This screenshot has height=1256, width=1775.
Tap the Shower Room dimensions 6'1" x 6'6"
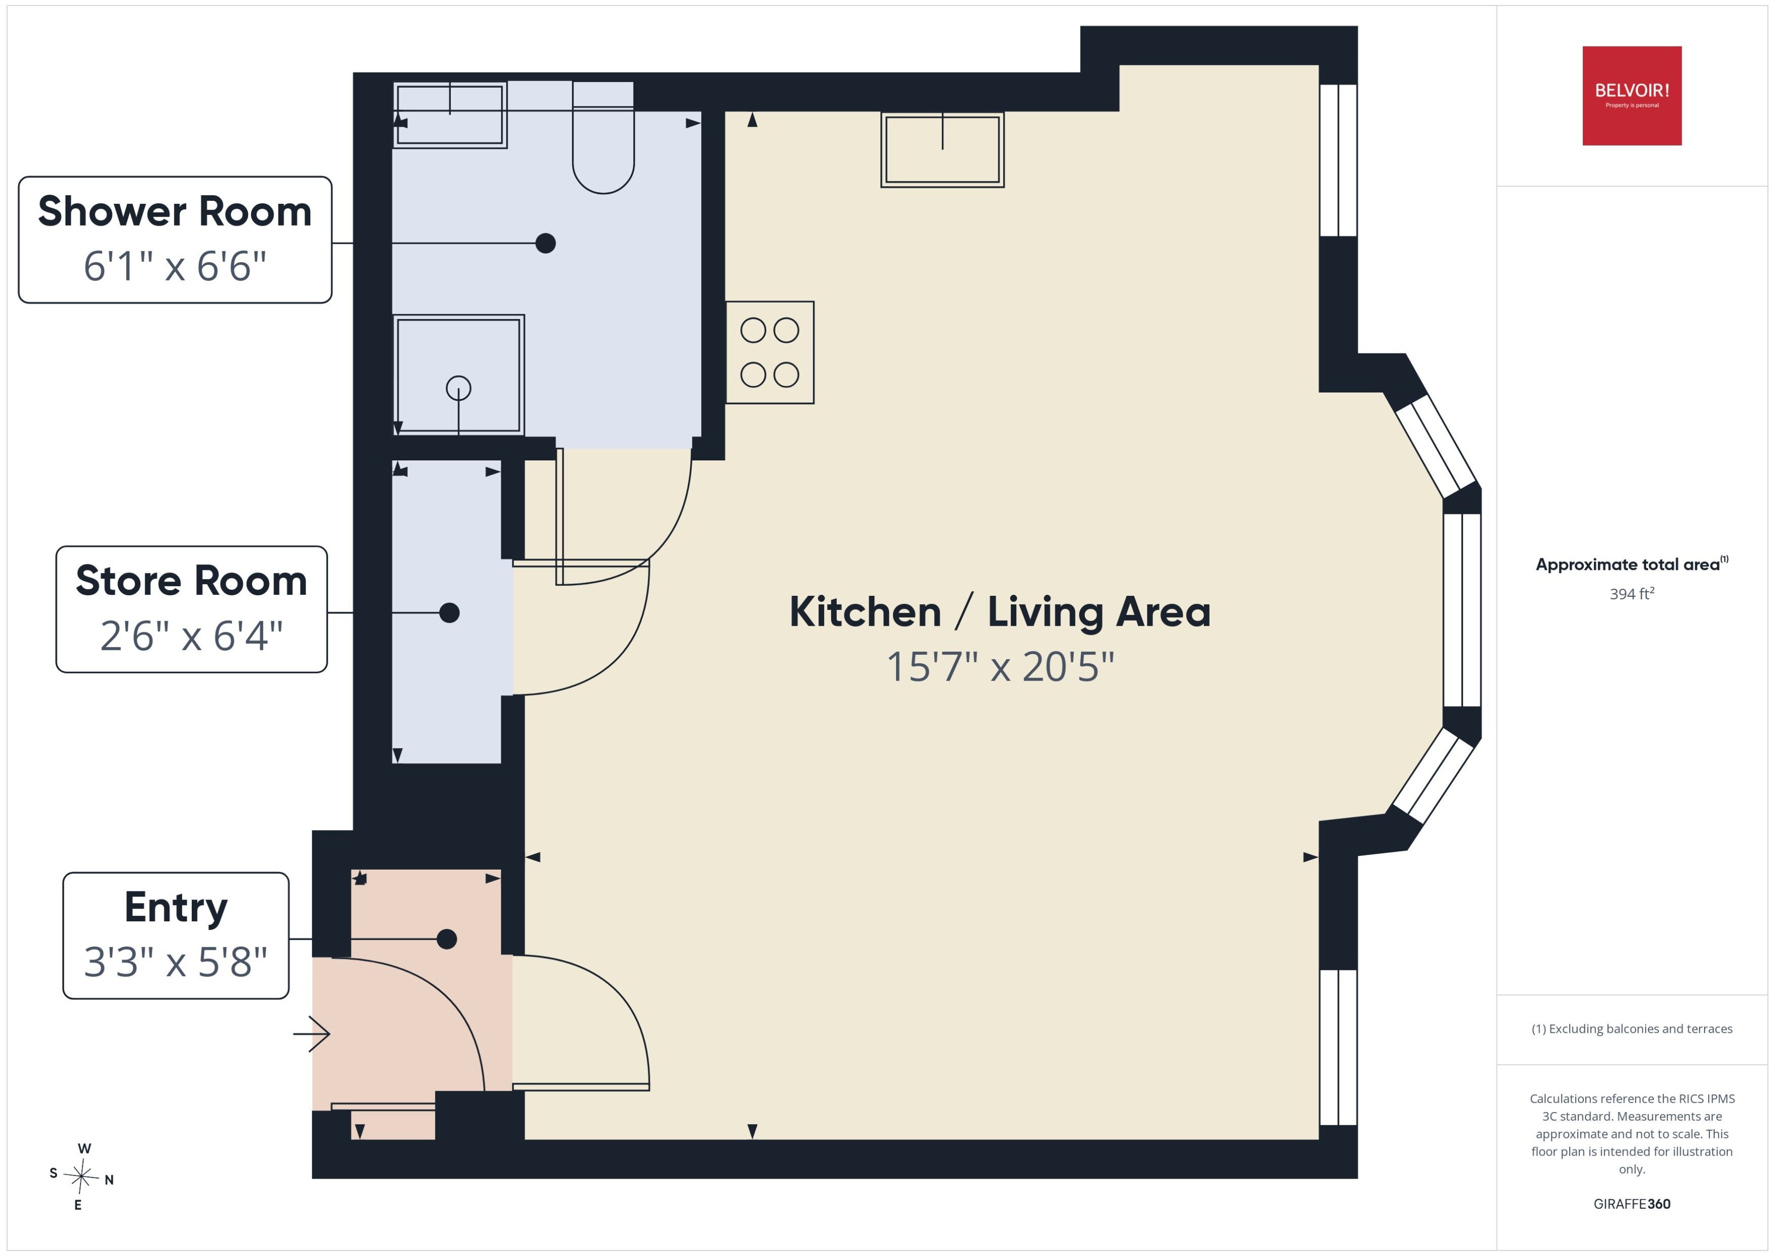[x=175, y=267]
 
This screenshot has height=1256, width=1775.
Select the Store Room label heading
[x=191, y=581]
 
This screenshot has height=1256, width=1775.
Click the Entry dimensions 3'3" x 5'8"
[x=175, y=962]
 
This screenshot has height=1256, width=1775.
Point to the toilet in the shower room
[x=603, y=137]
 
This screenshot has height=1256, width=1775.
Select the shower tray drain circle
[x=458, y=387]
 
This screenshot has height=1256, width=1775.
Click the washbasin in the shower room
[x=450, y=115]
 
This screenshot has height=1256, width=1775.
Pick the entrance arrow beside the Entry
[x=312, y=1034]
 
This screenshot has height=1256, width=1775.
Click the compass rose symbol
[x=81, y=1176]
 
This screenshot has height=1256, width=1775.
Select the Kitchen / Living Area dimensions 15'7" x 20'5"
[x=1000, y=667]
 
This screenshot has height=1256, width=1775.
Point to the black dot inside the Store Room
[x=449, y=613]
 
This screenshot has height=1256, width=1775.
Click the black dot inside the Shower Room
[x=545, y=243]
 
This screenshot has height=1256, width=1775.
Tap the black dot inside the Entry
[x=447, y=939]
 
